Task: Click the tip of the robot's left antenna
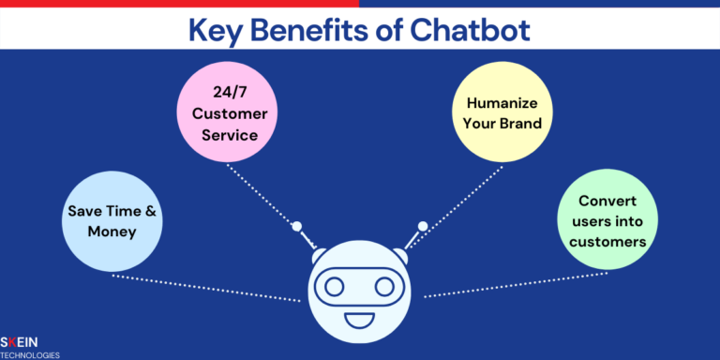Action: (x=295, y=226)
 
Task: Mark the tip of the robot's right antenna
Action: (x=423, y=226)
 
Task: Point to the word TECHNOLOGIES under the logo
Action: (x=30, y=355)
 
